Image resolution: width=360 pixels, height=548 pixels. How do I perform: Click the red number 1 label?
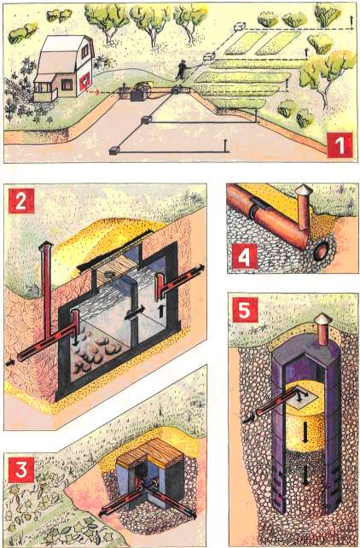tap(340, 145)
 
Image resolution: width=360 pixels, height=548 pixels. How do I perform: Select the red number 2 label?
tap(21, 201)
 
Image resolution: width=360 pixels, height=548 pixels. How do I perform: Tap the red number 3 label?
tap(21, 469)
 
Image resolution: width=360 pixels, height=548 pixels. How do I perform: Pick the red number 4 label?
tap(245, 257)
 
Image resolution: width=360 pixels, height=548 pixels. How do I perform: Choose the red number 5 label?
tap(245, 310)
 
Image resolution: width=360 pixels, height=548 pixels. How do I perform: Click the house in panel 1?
tap(64, 67)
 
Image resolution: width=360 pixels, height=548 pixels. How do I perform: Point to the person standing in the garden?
tap(181, 69)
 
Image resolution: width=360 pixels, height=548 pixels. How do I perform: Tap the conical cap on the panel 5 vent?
tap(323, 319)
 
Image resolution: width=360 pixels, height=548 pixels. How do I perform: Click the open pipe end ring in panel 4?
tap(322, 251)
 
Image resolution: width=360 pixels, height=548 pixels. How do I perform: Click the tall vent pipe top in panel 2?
tap(46, 248)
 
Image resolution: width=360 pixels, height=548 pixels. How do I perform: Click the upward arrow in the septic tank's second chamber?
tap(161, 311)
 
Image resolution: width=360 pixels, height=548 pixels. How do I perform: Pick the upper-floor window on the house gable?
tap(84, 51)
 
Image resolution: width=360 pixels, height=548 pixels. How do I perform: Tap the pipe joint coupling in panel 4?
tap(258, 209)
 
